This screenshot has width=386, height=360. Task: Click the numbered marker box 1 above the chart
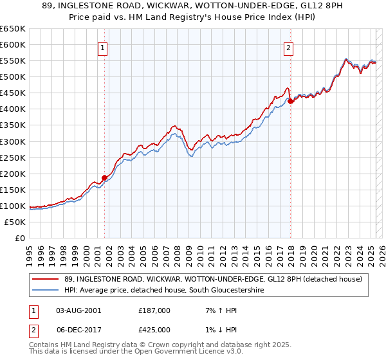(103, 47)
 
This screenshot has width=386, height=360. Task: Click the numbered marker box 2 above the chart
(289, 47)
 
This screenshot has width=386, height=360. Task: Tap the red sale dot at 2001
(104, 178)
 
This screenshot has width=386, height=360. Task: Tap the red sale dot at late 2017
(290, 101)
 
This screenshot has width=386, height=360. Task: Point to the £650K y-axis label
(13, 29)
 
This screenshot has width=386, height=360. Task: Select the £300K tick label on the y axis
(13, 141)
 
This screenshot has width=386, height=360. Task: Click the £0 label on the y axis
(19, 239)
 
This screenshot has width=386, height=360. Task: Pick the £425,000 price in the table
(154, 329)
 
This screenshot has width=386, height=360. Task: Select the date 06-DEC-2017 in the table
(79, 329)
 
